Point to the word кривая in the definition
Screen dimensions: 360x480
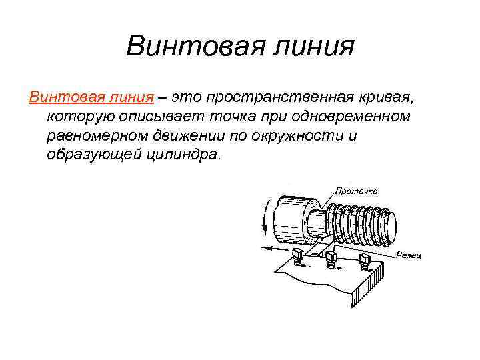(387, 98)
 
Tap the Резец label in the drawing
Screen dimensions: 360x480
(409, 254)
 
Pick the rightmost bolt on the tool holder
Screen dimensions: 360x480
(365, 259)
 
